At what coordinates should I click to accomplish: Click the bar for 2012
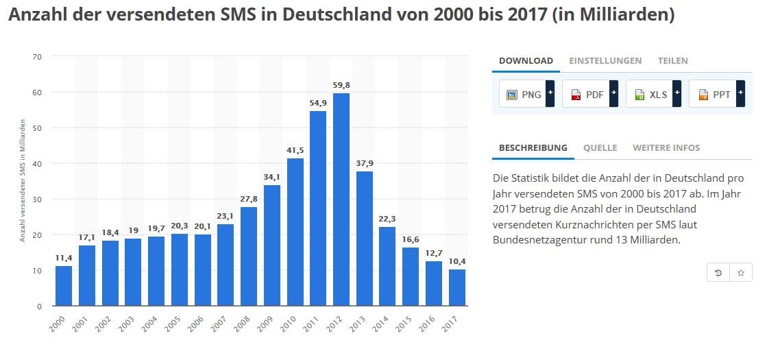pyautogui.click(x=341, y=199)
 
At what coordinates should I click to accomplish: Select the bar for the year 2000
pyautogui.click(x=64, y=285)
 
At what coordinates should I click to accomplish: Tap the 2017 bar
pyautogui.click(x=457, y=287)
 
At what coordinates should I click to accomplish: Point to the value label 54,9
pyautogui.click(x=318, y=103)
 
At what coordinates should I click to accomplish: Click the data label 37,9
pyautogui.click(x=365, y=163)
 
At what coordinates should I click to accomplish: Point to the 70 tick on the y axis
pyautogui.click(x=37, y=56)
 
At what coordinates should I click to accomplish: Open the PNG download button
pyautogui.click(x=526, y=95)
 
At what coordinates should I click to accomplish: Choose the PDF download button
pyautogui.click(x=589, y=95)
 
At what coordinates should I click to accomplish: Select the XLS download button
pyautogui.click(x=653, y=95)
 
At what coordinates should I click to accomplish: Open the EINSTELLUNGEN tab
pyautogui.click(x=605, y=61)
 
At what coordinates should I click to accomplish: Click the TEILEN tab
pyautogui.click(x=672, y=61)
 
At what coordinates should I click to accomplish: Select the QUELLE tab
pyautogui.click(x=600, y=148)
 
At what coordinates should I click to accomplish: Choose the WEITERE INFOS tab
pyautogui.click(x=666, y=148)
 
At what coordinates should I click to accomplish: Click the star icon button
pyautogui.click(x=741, y=272)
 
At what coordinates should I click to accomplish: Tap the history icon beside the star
pyautogui.click(x=718, y=272)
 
